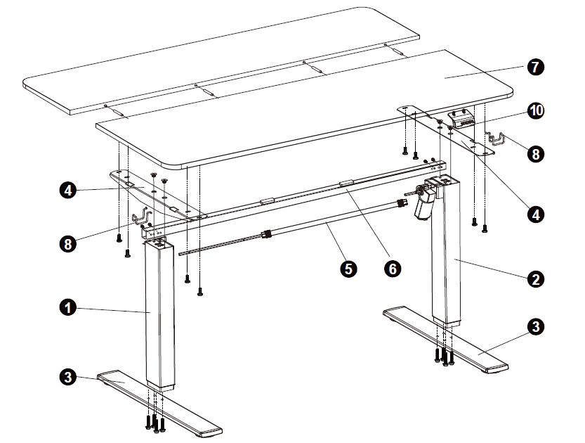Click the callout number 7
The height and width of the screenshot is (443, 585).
[535, 68]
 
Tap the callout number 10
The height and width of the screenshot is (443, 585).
[535, 110]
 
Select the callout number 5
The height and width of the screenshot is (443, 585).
[348, 269]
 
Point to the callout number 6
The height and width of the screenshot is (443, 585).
[393, 268]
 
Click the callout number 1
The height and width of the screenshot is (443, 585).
[68, 308]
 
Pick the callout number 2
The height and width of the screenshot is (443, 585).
[535, 279]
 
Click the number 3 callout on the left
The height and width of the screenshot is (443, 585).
[68, 376]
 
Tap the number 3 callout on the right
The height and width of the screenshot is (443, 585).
[535, 326]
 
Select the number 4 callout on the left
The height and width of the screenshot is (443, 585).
[68, 191]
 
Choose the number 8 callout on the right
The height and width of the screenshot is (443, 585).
[535, 154]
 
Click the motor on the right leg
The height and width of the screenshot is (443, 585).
[426, 198]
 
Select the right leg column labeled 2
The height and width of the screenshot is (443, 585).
[446, 251]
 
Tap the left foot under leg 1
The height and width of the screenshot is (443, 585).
[159, 404]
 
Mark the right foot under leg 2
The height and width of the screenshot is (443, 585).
[445, 339]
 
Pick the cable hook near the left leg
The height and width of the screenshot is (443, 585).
[143, 217]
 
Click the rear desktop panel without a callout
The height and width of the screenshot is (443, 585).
[221, 60]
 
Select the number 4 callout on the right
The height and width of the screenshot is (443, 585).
[535, 214]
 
